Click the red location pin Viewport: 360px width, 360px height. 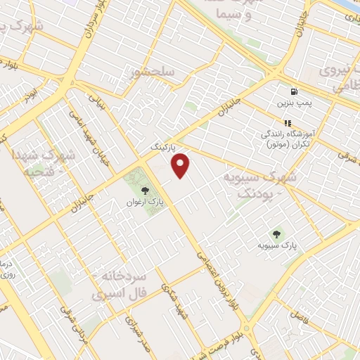pos(181,165)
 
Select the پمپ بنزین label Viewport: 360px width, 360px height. pos(292,103)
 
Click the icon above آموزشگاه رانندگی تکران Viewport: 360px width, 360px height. pos(287,123)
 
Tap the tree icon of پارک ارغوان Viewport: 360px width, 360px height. pos(145,191)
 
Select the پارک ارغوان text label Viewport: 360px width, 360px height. pos(145,202)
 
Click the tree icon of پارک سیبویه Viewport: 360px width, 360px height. pos(276,234)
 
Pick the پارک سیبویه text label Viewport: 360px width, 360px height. pos(276,246)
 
